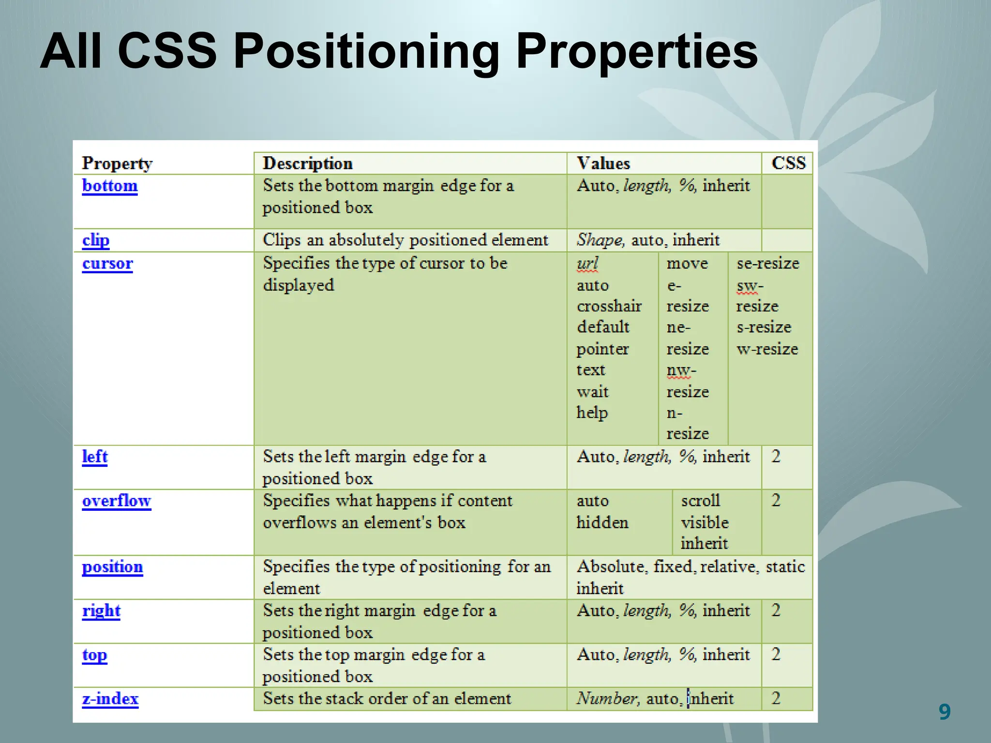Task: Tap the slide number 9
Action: (944, 712)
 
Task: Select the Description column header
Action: (307, 163)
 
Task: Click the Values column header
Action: (603, 163)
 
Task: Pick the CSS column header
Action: (788, 163)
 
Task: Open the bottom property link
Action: (110, 186)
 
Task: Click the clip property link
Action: (96, 240)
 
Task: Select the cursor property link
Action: (107, 264)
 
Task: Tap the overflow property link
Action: (117, 501)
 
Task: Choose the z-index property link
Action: (110, 699)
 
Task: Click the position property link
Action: (112, 567)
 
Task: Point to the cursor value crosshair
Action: (609, 306)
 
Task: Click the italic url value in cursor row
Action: (587, 264)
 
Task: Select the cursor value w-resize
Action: (767, 349)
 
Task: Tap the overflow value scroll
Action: (701, 500)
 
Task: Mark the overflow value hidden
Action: (602, 522)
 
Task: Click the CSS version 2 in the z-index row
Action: (776, 698)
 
